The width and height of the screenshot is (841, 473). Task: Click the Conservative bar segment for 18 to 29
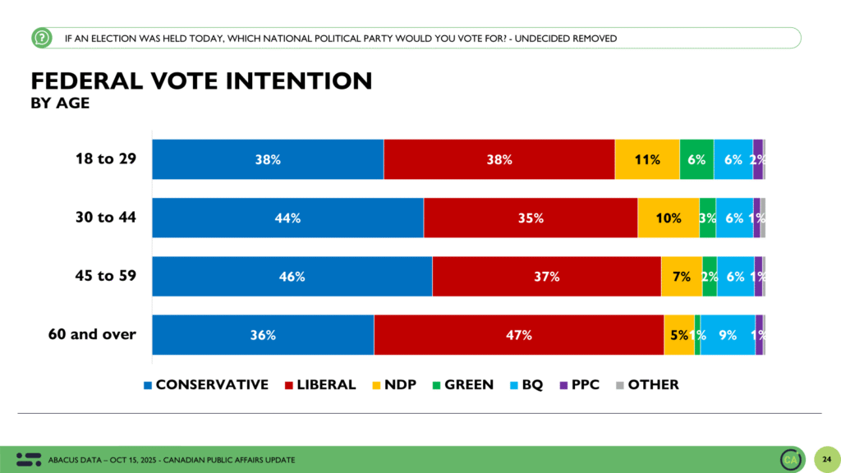click(268, 159)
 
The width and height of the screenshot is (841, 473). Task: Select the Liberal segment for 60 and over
click(519, 335)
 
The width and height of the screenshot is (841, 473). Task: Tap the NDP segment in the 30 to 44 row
click(669, 218)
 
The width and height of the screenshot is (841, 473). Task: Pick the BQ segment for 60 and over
click(728, 335)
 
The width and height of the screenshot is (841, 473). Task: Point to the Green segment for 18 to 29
click(696, 159)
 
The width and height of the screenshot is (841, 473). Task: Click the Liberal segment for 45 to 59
click(546, 277)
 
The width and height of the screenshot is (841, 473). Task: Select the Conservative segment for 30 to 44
click(287, 218)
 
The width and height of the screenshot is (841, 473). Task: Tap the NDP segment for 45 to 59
click(682, 277)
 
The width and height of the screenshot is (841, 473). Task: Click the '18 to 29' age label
click(106, 159)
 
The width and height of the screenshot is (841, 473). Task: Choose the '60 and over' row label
click(90, 334)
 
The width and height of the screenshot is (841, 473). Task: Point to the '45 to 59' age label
click(106, 276)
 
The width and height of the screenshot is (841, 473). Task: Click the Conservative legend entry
click(206, 384)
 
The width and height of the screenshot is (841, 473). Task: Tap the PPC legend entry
click(583, 384)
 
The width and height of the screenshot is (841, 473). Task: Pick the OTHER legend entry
click(648, 384)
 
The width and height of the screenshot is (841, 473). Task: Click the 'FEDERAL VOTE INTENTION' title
click(201, 80)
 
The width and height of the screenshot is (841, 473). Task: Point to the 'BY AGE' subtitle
click(60, 103)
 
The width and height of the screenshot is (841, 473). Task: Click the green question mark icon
click(41, 38)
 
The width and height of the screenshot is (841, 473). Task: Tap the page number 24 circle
click(824, 458)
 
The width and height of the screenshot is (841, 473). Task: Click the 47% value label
click(519, 335)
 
